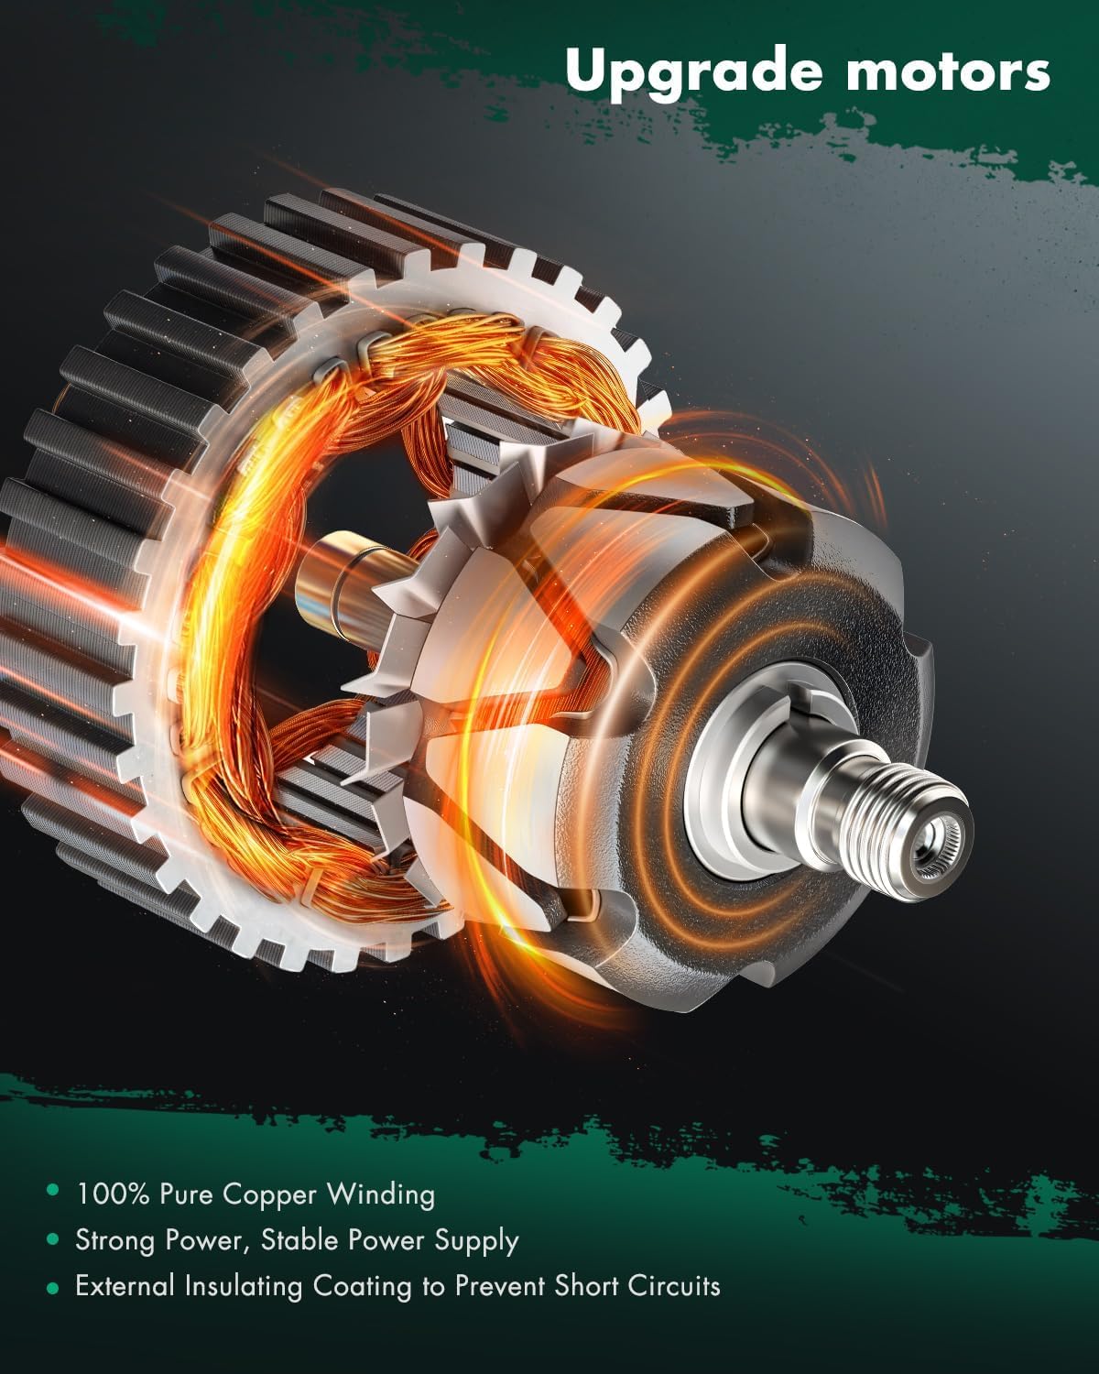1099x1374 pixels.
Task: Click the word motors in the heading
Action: pyautogui.click(x=948, y=71)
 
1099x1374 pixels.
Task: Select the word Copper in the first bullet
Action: pyautogui.click(x=272, y=1194)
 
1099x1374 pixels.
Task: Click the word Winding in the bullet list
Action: pyautogui.click(x=380, y=1194)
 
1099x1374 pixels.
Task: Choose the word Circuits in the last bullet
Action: pyautogui.click(x=674, y=1286)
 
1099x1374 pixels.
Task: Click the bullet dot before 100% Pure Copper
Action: pyautogui.click(x=53, y=1193)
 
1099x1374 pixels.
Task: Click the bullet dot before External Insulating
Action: pyautogui.click(x=53, y=1287)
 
